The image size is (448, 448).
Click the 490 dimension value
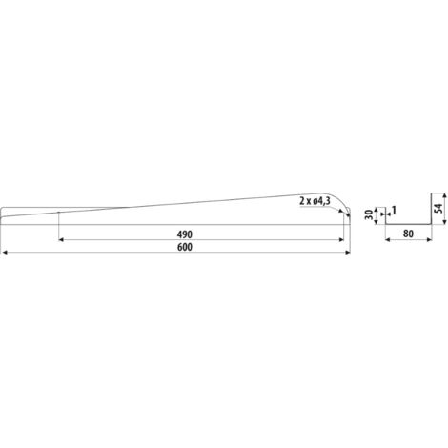[185, 234]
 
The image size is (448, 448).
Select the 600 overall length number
[185, 247]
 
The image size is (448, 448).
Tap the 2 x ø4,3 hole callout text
[315, 201]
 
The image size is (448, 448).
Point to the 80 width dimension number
[408, 234]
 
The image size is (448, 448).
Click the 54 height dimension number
[438, 208]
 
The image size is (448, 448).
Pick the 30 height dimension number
[369, 215]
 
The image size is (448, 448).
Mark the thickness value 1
[394, 210]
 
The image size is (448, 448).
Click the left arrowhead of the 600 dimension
[5, 253]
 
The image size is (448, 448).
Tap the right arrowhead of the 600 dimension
[348, 253]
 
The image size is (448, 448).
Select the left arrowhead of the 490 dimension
[62, 240]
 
